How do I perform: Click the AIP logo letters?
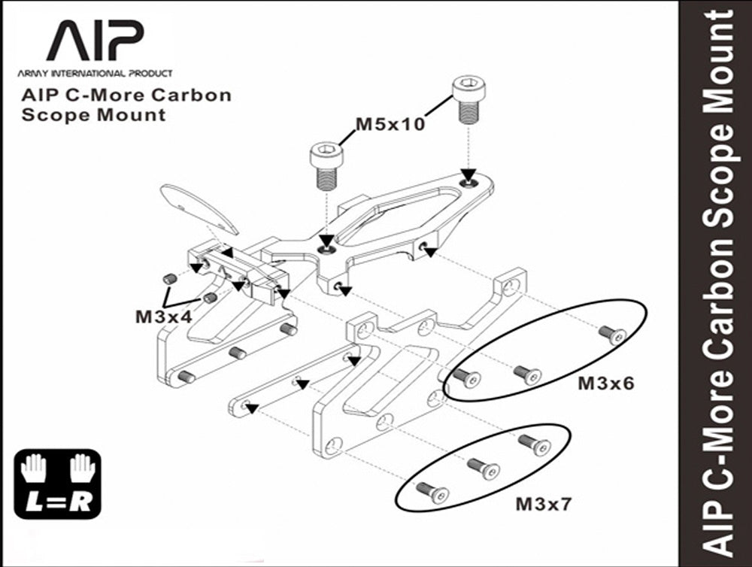click(x=96, y=41)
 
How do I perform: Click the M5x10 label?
click(x=390, y=124)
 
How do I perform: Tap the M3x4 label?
click(x=163, y=317)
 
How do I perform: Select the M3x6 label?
click(x=605, y=384)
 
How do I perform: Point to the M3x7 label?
click(x=544, y=504)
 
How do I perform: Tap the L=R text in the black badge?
click(x=58, y=502)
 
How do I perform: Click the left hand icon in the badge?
click(x=34, y=468)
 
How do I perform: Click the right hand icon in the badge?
click(x=83, y=468)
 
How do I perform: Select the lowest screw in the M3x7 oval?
click(x=432, y=493)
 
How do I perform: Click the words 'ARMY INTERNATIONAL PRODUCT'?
click(x=95, y=74)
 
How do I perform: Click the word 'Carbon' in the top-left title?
click(x=191, y=95)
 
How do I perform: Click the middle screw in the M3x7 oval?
click(x=484, y=469)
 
